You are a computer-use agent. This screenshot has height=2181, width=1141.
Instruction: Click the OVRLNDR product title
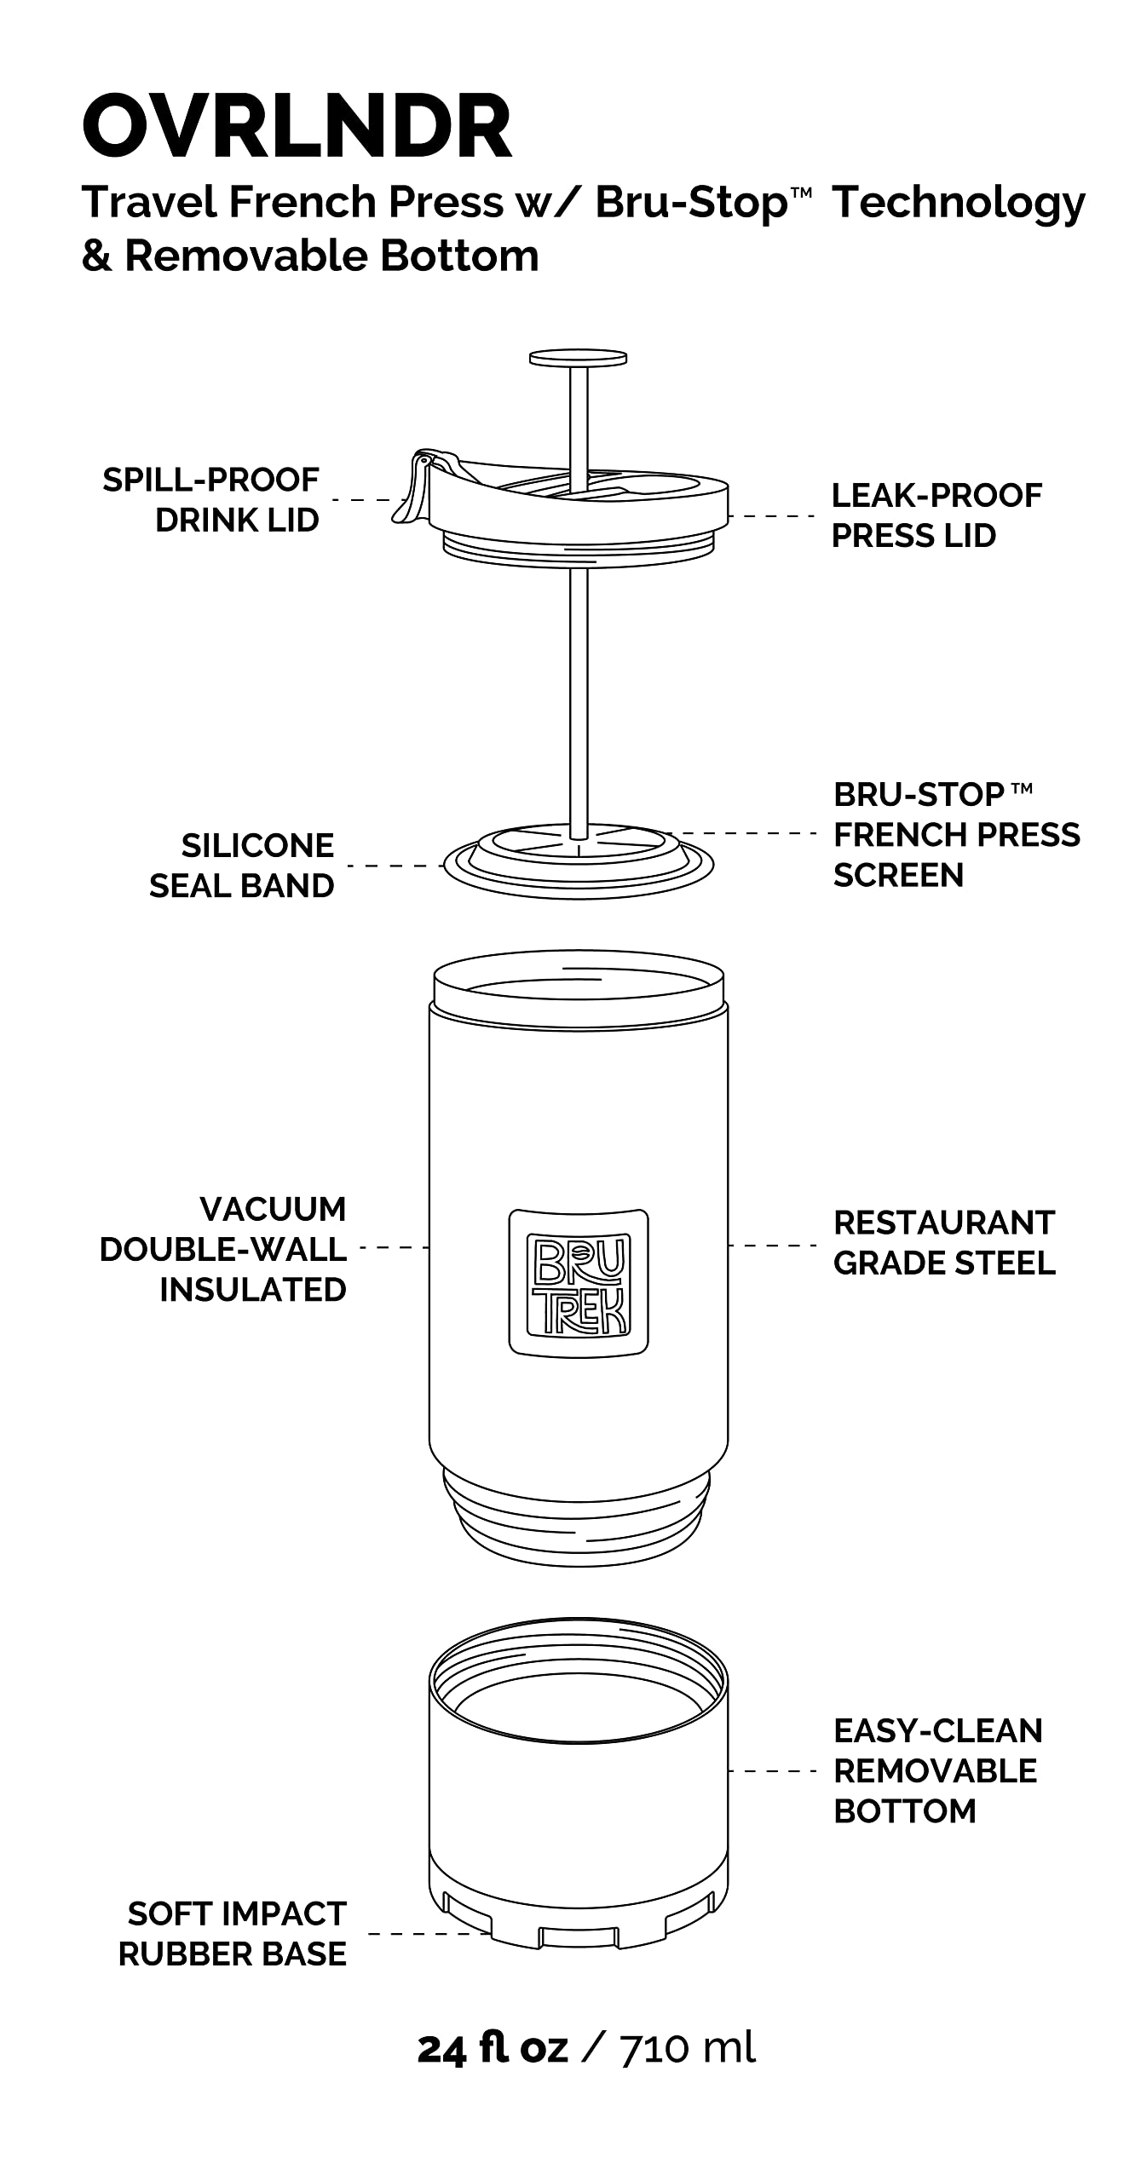pyautogui.click(x=297, y=128)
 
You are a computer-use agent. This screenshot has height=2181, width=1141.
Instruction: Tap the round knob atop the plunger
pyautogui.click(x=578, y=359)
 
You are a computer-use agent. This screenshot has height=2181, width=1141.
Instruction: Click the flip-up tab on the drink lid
pyautogui.click(x=412, y=490)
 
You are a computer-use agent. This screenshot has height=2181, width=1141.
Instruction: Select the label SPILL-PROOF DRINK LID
pyautogui.click(x=210, y=499)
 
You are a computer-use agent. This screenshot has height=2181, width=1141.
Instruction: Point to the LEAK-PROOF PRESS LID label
pyautogui.click(x=936, y=515)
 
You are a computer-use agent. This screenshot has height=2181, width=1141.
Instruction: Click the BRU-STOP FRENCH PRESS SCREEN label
pyautogui.click(x=955, y=834)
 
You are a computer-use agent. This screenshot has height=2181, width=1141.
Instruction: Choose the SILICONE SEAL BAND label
pyautogui.click(x=242, y=866)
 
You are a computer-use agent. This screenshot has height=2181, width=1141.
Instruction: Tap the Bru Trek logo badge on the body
pyautogui.click(x=579, y=1281)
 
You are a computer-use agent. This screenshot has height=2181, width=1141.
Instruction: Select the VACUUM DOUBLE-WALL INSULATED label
pyautogui.click(x=223, y=1249)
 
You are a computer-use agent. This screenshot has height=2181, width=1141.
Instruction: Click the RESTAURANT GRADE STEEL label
pyautogui.click(x=944, y=1243)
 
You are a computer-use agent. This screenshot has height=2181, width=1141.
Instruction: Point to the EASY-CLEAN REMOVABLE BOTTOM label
pyautogui.click(x=937, y=1771)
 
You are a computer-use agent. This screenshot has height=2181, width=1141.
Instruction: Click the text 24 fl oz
pyautogui.click(x=493, y=2049)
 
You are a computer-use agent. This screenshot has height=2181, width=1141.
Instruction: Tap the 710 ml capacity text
pyautogui.click(x=687, y=2049)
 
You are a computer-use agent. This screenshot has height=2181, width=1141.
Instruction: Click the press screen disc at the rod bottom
pyautogui.click(x=579, y=862)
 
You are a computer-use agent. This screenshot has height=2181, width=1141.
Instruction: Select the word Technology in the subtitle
pyautogui.click(x=959, y=203)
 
